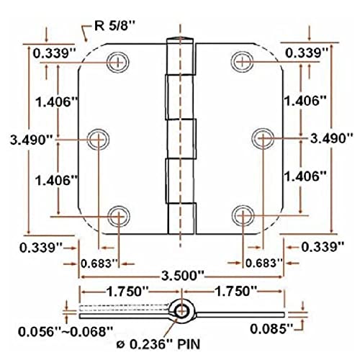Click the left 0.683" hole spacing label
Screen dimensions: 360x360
(99, 264)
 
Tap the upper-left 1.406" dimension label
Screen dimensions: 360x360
(55, 102)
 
